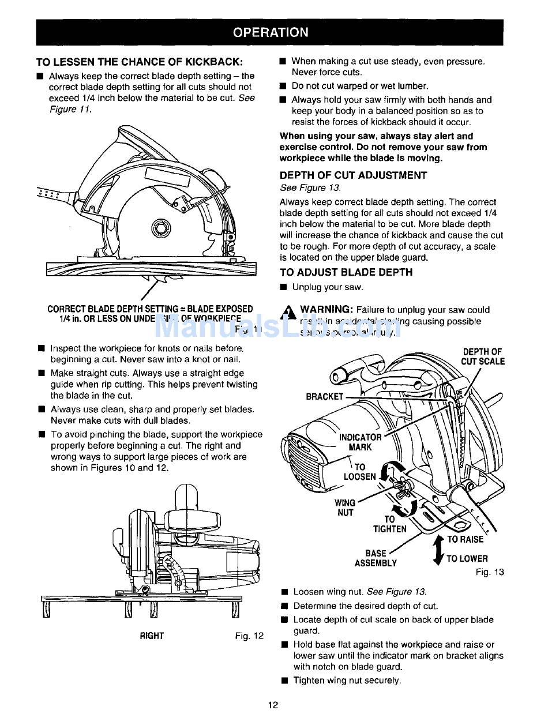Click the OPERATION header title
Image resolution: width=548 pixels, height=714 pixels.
click(x=270, y=32)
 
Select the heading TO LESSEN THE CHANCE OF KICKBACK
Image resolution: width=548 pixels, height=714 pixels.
click(x=139, y=61)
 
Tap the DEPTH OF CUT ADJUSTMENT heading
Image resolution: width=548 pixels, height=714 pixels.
click(x=353, y=175)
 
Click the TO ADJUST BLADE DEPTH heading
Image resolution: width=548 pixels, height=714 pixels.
click(x=346, y=272)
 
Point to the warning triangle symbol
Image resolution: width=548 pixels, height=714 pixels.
click(x=287, y=312)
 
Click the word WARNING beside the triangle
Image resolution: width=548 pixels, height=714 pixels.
click(x=326, y=310)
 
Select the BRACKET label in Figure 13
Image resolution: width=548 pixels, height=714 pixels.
click(x=324, y=396)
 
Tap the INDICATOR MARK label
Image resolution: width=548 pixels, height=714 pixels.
click(x=360, y=442)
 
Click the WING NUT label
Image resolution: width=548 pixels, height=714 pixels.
click(x=344, y=508)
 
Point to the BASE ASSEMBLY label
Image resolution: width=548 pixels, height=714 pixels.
click(x=376, y=558)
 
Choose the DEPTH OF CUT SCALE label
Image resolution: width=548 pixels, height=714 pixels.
click(x=483, y=356)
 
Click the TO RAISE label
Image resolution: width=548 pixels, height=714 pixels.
click(x=465, y=539)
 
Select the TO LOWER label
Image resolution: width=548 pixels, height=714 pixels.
click(x=467, y=558)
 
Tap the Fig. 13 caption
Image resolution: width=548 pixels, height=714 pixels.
click(x=490, y=572)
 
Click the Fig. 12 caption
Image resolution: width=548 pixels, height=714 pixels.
click(x=249, y=636)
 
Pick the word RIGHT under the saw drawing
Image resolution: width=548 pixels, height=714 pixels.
click(x=152, y=636)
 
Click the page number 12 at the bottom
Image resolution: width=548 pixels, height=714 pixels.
click(x=273, y=704)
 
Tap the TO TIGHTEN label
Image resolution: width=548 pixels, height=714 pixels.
click(x=390, y=524)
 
